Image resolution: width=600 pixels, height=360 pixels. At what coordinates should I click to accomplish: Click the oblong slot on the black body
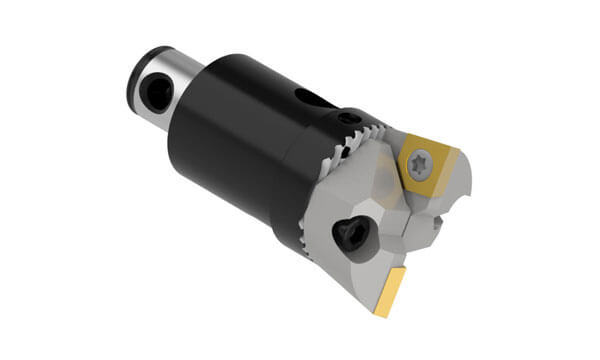(x=312, y=99)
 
